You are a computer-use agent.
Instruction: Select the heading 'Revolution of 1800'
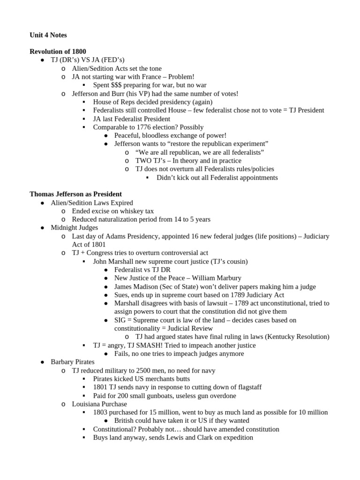58,51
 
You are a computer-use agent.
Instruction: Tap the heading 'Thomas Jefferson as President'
75,194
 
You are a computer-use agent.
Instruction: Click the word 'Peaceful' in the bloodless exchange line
128,135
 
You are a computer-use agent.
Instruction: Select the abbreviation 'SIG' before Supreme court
120,320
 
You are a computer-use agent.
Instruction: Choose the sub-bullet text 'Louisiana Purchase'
99,404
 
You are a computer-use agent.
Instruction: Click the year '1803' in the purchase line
101,412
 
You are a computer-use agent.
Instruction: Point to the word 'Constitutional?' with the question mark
115,429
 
